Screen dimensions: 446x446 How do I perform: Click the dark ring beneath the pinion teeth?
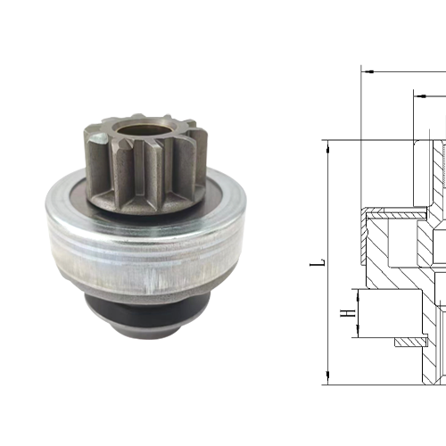(147, 203)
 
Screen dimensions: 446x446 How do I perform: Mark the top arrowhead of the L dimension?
(330, 145)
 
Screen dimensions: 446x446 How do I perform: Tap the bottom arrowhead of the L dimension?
(330, 405)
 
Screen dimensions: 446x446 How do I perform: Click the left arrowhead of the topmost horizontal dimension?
(367, 71)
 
